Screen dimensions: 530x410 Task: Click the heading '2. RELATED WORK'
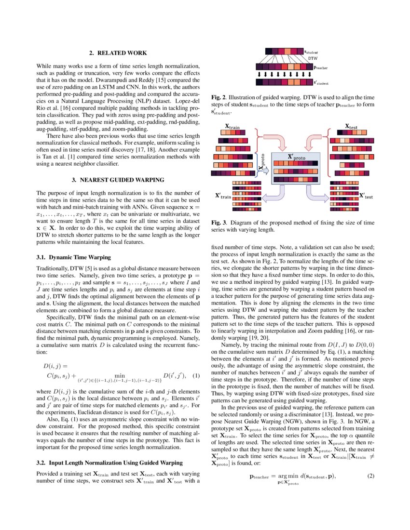pyautogui.click(x=118, y=53)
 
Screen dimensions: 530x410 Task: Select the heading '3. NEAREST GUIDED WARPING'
pyautogui.click(x=118, y=180)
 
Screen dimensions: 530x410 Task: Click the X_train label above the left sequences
pyautogui.click(x=232, y=127)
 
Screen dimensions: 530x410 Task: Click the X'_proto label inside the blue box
pyautogui.click(x=296, y=157)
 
